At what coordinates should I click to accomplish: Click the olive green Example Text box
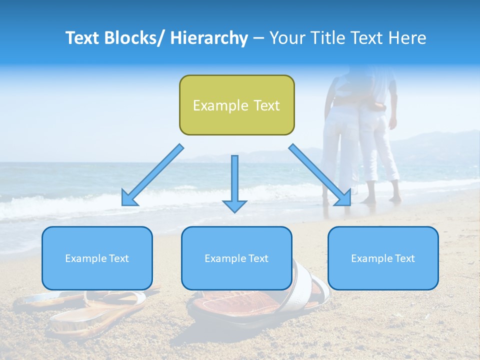click(x=236, y=105)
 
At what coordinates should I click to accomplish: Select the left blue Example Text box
click(x=97, y=258)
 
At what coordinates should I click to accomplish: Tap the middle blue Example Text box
click(x=236, y=258)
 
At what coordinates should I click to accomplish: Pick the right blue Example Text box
click(x=383, y=258)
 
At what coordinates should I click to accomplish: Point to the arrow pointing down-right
click(x=320, y=175)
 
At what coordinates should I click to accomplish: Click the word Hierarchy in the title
click(x=209, y=38)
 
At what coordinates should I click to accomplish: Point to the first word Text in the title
click(x=83, y=38)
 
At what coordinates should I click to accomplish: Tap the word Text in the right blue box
click(x=404, y=258)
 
